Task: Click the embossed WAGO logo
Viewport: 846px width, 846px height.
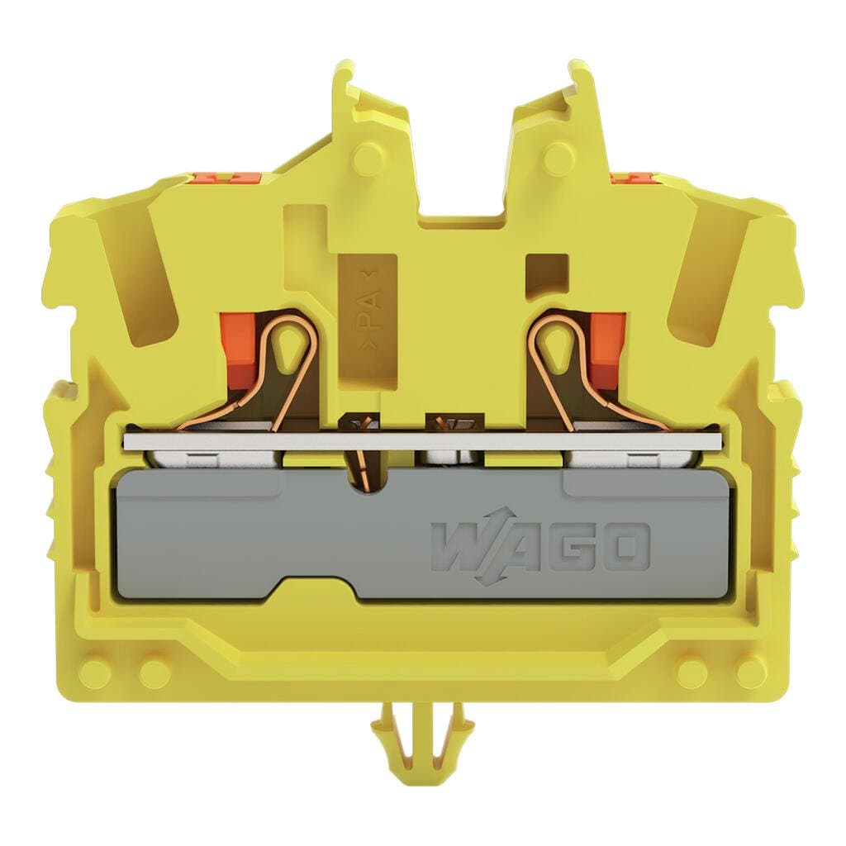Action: point(539,547)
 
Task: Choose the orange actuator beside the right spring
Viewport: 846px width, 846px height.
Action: point(607,347)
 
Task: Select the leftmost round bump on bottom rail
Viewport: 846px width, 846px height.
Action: point(97,671)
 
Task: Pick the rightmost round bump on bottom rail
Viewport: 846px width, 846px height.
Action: point(750,671)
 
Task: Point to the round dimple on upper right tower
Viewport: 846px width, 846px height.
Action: point(558,156)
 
